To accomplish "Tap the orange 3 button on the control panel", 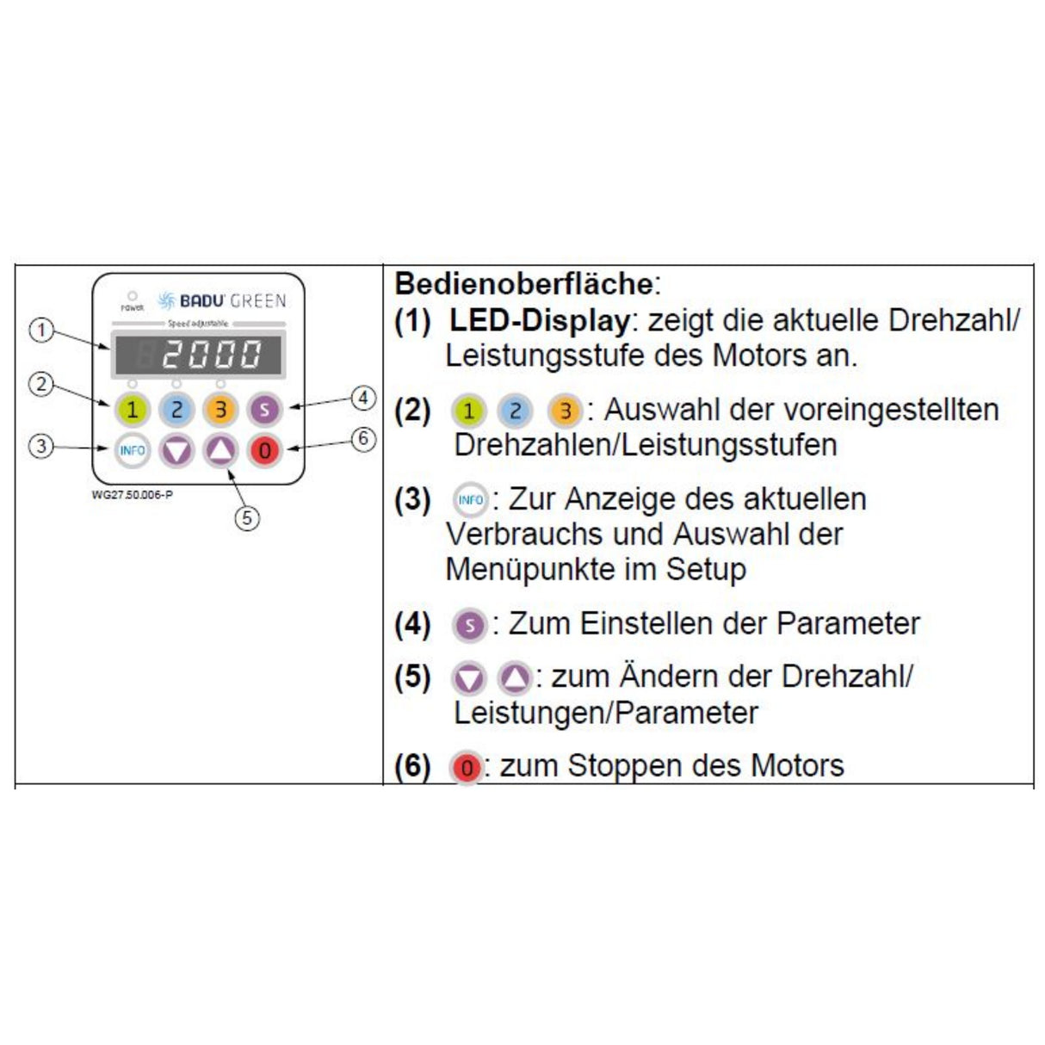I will tap(220, 410).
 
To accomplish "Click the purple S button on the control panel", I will tap(265, 410).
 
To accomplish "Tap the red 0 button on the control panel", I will tap(265, 449).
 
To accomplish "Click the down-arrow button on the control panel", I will tap(176, 449).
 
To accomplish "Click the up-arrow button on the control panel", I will tap(221, 449).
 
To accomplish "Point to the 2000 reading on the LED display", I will tap(211, 354).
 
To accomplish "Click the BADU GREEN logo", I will tap(222, 300).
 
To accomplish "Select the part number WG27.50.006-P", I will tap(132, 495).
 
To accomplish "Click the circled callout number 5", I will tap(247, 517).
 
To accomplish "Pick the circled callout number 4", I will tap(364, 398).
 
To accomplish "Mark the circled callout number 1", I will tap(41, 330).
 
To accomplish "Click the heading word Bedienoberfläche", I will tap(523, 283).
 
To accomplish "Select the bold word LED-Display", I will tap(539, 320).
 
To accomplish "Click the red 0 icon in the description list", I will tap(466, 767).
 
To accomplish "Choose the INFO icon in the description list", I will tap(470, 500).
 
